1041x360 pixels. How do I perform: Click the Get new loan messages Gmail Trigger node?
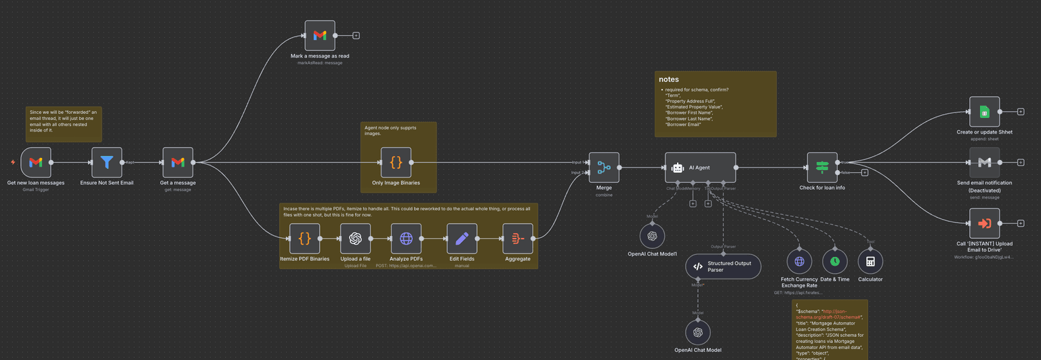[x=36, y=163]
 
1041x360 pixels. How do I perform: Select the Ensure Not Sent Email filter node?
[x=107, y=163]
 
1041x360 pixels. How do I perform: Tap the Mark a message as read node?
[x=320, y=35]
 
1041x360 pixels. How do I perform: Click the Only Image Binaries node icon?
[x=396, y=163]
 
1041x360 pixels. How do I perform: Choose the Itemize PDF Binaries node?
[x=304, y=239]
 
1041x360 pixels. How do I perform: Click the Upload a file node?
[x=355, y=239]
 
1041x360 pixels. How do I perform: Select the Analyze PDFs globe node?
[x=406, y=239]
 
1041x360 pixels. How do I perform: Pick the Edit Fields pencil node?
[x=462, y=239]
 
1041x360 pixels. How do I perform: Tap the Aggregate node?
[x=518, y=239]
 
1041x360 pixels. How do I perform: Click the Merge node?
[x=604, y=167]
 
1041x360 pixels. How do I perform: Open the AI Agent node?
[x=700, y=167]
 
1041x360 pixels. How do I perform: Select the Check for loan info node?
[x=822, y=167]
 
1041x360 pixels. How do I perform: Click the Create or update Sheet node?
[x=984, y=112]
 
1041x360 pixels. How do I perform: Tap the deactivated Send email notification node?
[x=984, y=163]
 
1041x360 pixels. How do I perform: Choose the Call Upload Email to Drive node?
[x=984, y=223]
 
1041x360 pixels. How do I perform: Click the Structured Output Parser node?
[x=723, y=266]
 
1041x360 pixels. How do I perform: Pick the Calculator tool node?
[x=870, y=261]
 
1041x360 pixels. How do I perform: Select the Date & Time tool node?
[x=835, y=261]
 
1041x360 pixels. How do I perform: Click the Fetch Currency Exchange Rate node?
[x=799, y=261]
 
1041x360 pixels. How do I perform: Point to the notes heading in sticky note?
[x=669, y=79]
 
